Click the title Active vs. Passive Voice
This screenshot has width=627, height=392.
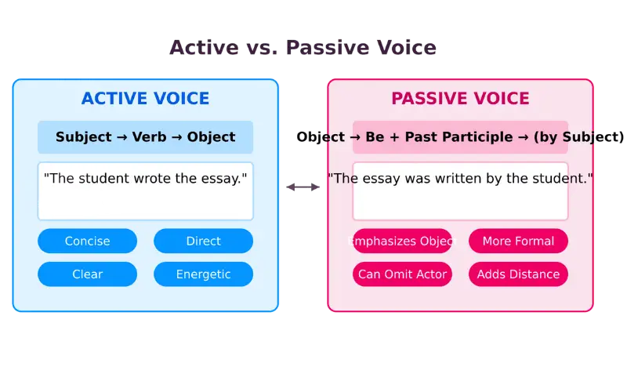click(x=303, y=48)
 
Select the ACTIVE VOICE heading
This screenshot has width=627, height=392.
click(x=145, y=99)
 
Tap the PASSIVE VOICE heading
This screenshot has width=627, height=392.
click(x=460, y=99)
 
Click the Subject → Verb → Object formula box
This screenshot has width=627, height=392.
click(x=145, y=137)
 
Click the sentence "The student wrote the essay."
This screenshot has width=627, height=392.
click(x=145, y=179)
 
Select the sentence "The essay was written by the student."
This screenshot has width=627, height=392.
click(x=460, y=179)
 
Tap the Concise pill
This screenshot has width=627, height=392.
click(x=87, y=241)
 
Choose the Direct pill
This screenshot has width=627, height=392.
click(x=203, y=241)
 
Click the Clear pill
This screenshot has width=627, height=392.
click(x=87, y=274)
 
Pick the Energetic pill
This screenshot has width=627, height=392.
click(x=203, y=274)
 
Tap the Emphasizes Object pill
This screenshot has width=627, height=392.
click(x=402, y=241)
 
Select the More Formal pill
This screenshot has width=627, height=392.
click(x=518, y=241)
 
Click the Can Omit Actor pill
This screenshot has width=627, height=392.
click(x=402, y=274)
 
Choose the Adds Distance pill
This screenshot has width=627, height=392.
click(x=518, y=274)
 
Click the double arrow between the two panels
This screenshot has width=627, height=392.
click(x=303, y=187)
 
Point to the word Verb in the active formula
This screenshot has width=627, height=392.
click(x=148, y=137)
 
